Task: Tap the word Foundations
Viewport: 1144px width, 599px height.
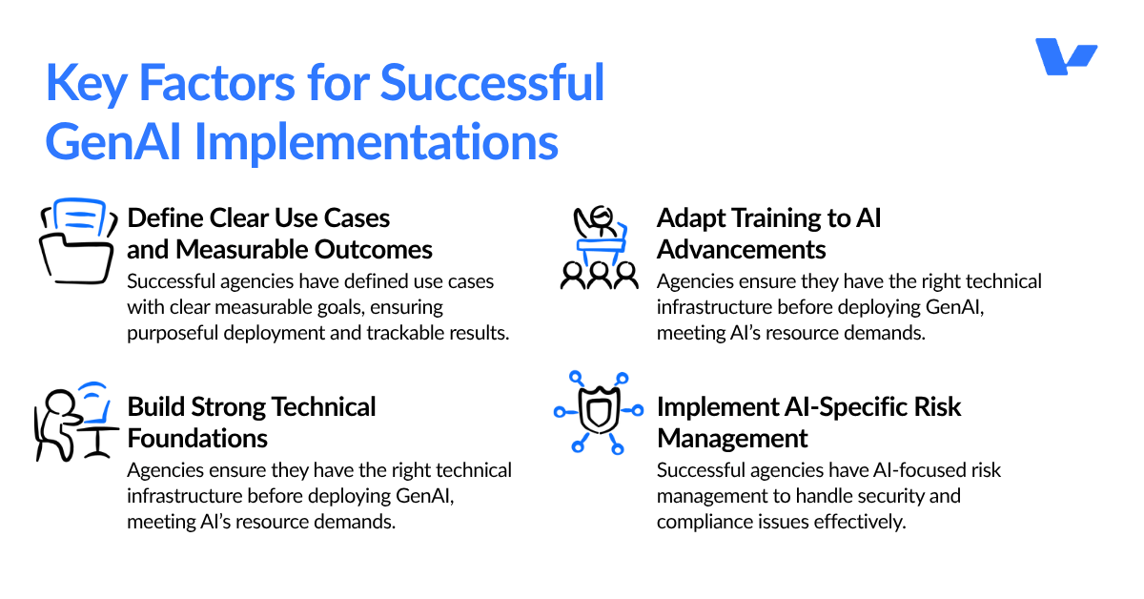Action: pyautogui.click(x=197, y=438)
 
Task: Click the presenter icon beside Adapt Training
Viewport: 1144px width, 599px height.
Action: pyautogui.click(x=599, y=246)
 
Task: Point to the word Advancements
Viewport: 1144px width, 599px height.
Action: pyautogui.click(x=741, y=249)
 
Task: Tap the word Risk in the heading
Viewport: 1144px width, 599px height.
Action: pyautogui.click(x=937, y=407)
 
